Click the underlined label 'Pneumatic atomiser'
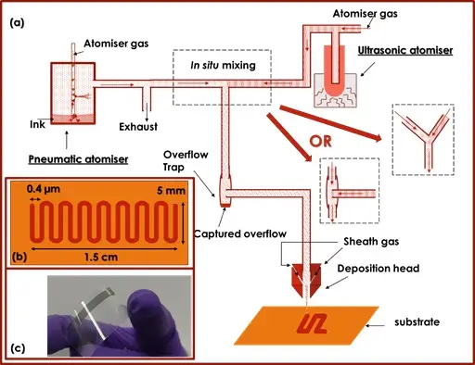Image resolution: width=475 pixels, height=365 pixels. coord(78,159)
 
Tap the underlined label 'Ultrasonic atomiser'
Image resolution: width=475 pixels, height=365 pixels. coord(405,50)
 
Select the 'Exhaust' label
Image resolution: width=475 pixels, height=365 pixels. coord(138,127)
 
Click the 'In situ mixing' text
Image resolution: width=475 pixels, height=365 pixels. coord(223,65)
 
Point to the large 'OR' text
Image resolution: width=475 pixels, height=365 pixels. coord(321,142)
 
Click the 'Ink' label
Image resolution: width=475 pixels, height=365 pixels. coord(37,124)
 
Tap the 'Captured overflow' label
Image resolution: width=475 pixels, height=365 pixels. coord(240,233)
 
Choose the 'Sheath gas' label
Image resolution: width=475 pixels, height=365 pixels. coord(371,242)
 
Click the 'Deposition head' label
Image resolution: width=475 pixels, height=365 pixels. coord(379,269)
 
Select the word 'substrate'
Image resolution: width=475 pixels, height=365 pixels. coord(417,322)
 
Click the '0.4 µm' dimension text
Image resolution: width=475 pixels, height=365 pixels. coord(44,189)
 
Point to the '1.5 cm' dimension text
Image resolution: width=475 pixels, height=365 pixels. coord(101,257)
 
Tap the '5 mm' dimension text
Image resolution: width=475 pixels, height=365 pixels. coord(171,191)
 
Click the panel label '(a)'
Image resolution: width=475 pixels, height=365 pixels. coord(17,23)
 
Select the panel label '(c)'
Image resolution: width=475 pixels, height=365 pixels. coord(18,348)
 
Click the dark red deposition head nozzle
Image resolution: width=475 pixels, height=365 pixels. coord(306,280)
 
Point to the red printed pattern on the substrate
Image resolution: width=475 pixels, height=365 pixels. coord(312,325)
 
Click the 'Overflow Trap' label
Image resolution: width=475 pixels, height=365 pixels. coord(186,160)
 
